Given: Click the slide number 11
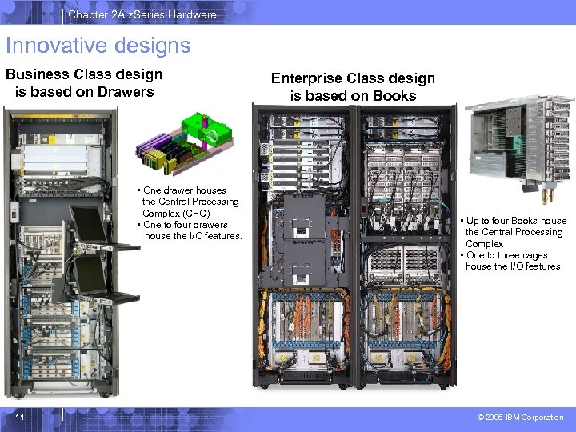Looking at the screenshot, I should [x=18, y=417].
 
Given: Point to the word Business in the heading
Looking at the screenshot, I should [x=39, y=74].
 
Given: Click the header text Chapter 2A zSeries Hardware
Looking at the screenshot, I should [x=142, y=14].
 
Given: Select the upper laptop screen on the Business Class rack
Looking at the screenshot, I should [x=88, y=226].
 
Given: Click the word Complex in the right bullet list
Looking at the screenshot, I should [x=484, y=244].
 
